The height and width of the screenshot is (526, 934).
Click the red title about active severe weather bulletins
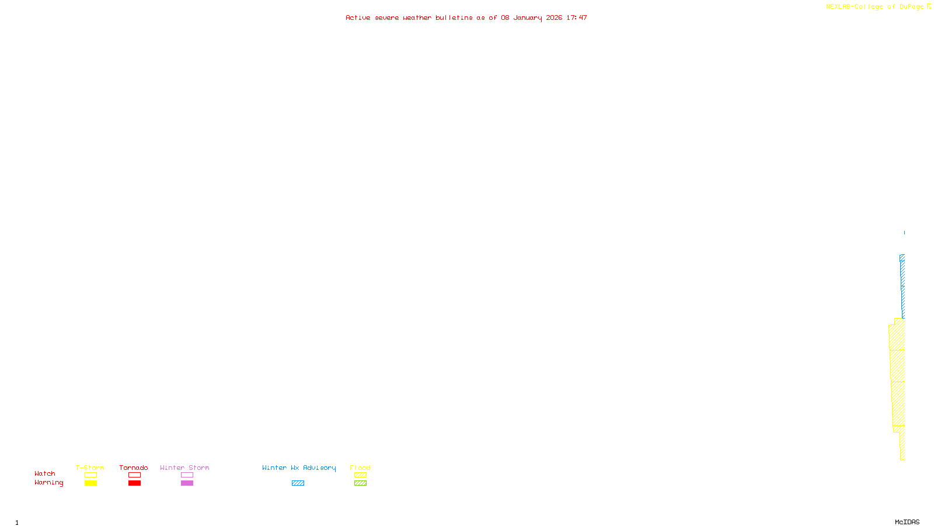[x=466, y=18]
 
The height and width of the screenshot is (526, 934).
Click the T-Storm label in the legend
[x=90, y=468]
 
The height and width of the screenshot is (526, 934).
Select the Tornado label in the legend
[x=134, y=468]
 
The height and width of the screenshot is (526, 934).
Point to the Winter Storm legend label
[x=184, y=468]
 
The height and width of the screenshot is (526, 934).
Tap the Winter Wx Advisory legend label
[x=299, y=468]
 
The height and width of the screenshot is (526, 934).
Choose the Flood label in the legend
[x=360, y=468]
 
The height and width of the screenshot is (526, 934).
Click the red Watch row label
[x=45, y=473]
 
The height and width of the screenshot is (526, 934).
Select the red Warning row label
[x=49, y=483]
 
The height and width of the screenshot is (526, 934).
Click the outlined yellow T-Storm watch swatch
[x=90, y=475]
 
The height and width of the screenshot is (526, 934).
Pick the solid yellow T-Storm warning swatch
[x=90, y=483]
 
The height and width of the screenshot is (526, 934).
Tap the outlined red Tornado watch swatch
[x=134, y=475]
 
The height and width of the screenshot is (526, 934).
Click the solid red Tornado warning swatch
[x=134, y=483]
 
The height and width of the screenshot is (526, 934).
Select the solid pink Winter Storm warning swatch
[x=187, y=483]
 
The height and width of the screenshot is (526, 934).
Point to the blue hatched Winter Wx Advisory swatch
[x=298, y=483]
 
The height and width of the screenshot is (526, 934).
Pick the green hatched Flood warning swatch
[x=360, y=483]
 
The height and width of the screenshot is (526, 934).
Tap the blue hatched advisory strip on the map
[x=902, y=281]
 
